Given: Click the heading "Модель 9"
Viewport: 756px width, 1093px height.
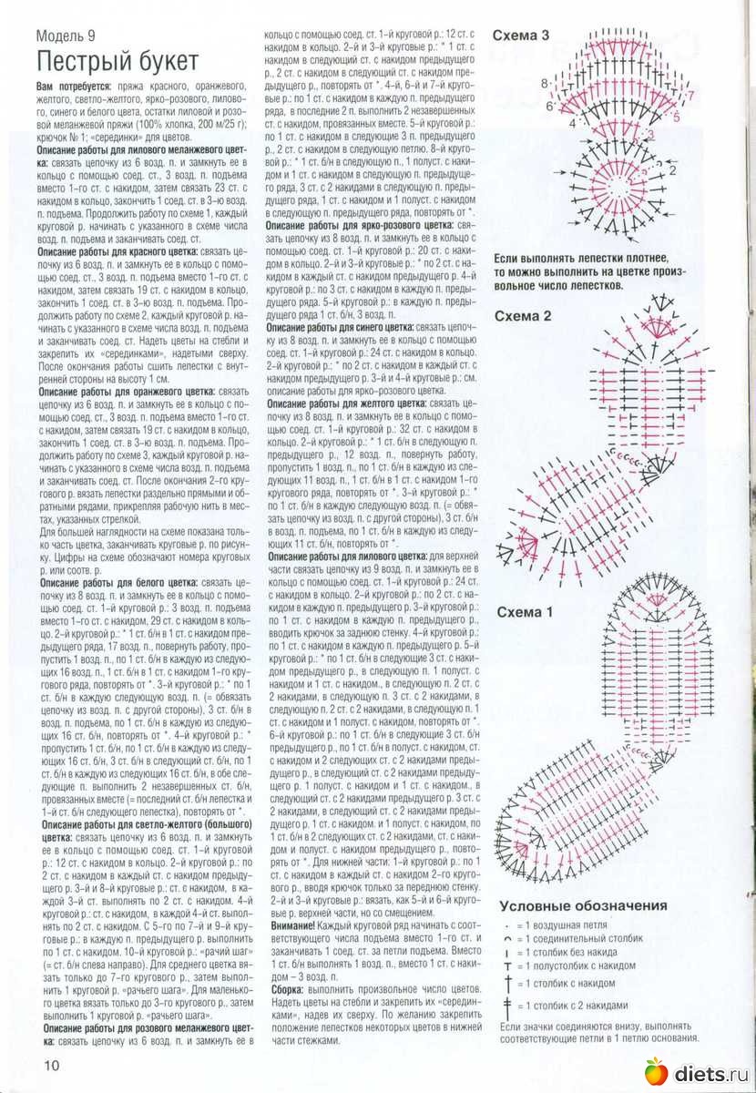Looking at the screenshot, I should (x=69, y=36).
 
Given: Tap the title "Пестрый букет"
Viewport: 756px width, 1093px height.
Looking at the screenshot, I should (x=117, y=62).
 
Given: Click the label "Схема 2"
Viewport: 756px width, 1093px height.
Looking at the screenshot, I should (x=523, y=316).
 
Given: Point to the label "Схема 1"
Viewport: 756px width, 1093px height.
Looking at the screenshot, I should (x=525, y=612).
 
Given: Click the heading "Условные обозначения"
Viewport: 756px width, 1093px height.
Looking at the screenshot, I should (x=583, y=906).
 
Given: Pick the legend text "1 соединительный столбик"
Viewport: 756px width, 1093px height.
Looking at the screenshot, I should (x=584, y=938).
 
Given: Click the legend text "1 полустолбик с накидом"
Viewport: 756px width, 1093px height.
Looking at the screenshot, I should (x=582, y=965).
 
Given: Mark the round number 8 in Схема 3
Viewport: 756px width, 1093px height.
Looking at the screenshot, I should (x=545, y=84).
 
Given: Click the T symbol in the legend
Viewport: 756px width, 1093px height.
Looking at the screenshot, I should (x=507, y=965).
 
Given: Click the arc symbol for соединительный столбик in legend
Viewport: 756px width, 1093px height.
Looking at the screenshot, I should (x=507, y=938).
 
